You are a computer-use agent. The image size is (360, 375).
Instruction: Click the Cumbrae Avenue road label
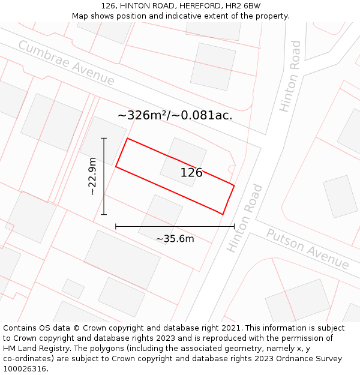pyautogui.click(x=66, y=63)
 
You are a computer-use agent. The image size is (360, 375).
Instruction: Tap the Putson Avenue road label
pyautogui.click(x=307, y=249)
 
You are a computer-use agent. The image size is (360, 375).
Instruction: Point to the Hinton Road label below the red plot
pyautogui.click(x=245, y=218)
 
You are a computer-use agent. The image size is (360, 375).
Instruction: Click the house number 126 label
pyautogui.click(x=191, y=173)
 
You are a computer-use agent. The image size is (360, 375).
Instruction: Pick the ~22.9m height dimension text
pyautogui.click(x=92, y=176)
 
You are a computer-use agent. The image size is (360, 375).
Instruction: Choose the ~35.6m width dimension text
pyautogui.click(x=175, y=239)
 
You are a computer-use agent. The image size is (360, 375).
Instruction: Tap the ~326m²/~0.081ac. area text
pyautogui.click(x=175, y=115)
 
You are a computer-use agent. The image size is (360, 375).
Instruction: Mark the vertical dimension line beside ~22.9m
pyautogui.click(x=104, y=176)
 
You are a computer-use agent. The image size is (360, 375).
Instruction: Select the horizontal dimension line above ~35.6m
pyautogui.click(x=175, y=226)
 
